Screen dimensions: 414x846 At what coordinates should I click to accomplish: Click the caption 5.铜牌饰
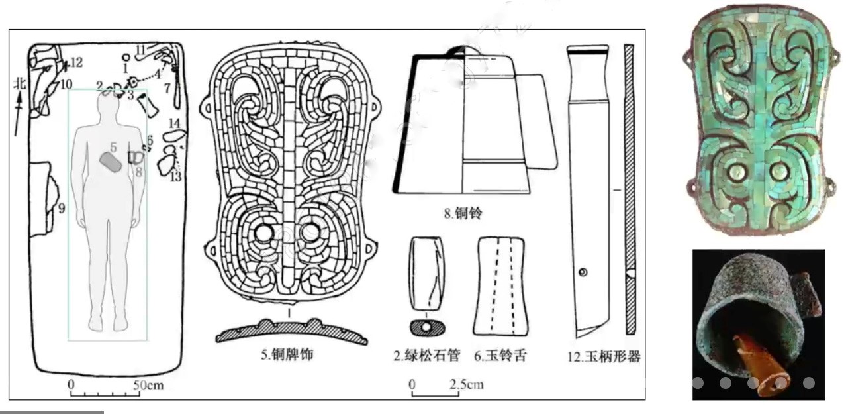coord(288,355)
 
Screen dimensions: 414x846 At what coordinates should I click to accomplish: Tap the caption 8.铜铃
coord(467,213)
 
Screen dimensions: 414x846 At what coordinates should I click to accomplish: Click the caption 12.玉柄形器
coord(605,356)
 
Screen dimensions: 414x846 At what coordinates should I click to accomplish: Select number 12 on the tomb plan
coord(76,63)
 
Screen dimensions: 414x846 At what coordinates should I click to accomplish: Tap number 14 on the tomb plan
coord(175,123)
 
